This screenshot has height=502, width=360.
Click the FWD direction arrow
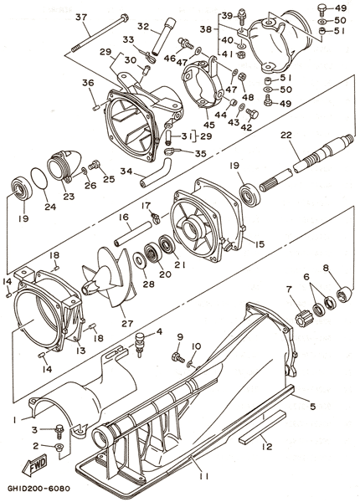coord(34,464)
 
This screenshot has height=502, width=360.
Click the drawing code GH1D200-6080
coord(39,489)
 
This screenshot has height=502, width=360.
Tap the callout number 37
coord(81,17)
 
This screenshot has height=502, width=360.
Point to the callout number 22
coord(286,136)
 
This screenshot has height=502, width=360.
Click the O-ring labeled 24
coord(39,180)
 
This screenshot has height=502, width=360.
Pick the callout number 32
coord(143,26)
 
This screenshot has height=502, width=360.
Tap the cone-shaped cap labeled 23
coord(64,166)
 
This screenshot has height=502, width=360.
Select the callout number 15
coord(259,244)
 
